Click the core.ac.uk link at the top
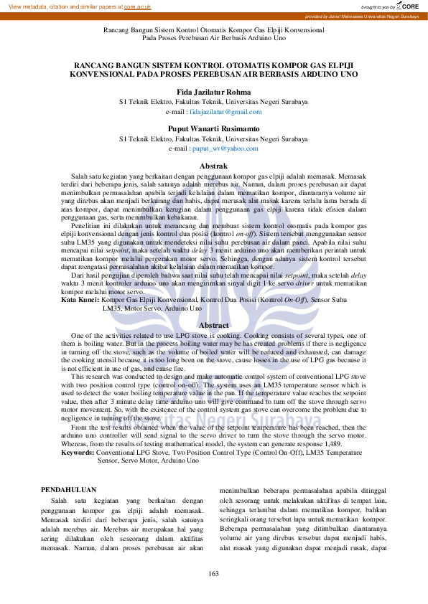coord(137,6)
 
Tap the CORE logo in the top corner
coord(409,6)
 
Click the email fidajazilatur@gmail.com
coord(225,112)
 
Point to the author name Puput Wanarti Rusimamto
coord(213,128)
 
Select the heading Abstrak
coord(213,166)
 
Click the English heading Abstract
coord(213,326)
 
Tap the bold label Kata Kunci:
coord(80,299)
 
